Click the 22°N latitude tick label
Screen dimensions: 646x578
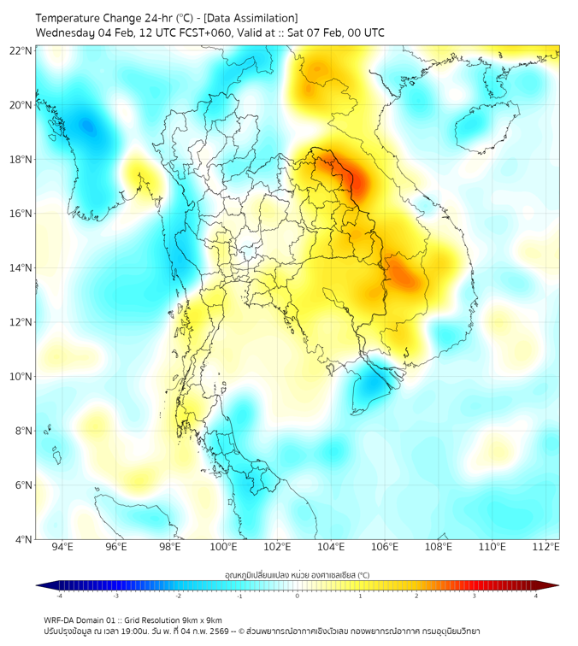pos(21,50)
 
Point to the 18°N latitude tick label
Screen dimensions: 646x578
pos(21,160)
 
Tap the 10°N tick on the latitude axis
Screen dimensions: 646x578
pos(21,377)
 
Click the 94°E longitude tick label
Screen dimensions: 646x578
pos(62,547)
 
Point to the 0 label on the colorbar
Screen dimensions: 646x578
pos(298,596)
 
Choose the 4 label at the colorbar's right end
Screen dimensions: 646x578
pos(535,596)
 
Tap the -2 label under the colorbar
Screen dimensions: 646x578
pos(178,596)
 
